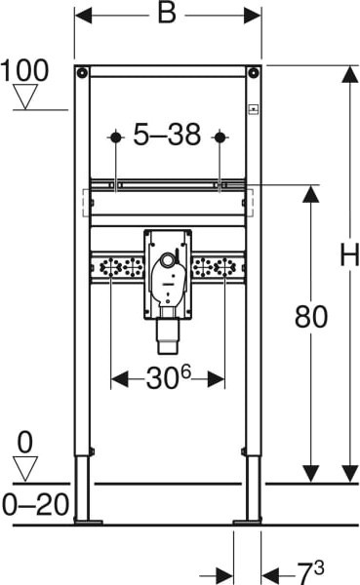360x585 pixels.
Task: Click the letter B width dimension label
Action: [x=167, y=14]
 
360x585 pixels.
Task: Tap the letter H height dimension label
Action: [x=349, y=254]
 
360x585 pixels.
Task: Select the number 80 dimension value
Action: [x=311, y=317]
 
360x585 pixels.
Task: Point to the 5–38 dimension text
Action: [x=167, y=135]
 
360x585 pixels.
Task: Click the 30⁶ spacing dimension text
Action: [x=169, y=377]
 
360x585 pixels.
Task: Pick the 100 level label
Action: [x=24, y=70]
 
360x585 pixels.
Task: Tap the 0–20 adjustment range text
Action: [x=36, y=504]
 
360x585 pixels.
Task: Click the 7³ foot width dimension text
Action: [x=310, y=572]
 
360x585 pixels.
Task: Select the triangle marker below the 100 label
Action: [x=25, y=97]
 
